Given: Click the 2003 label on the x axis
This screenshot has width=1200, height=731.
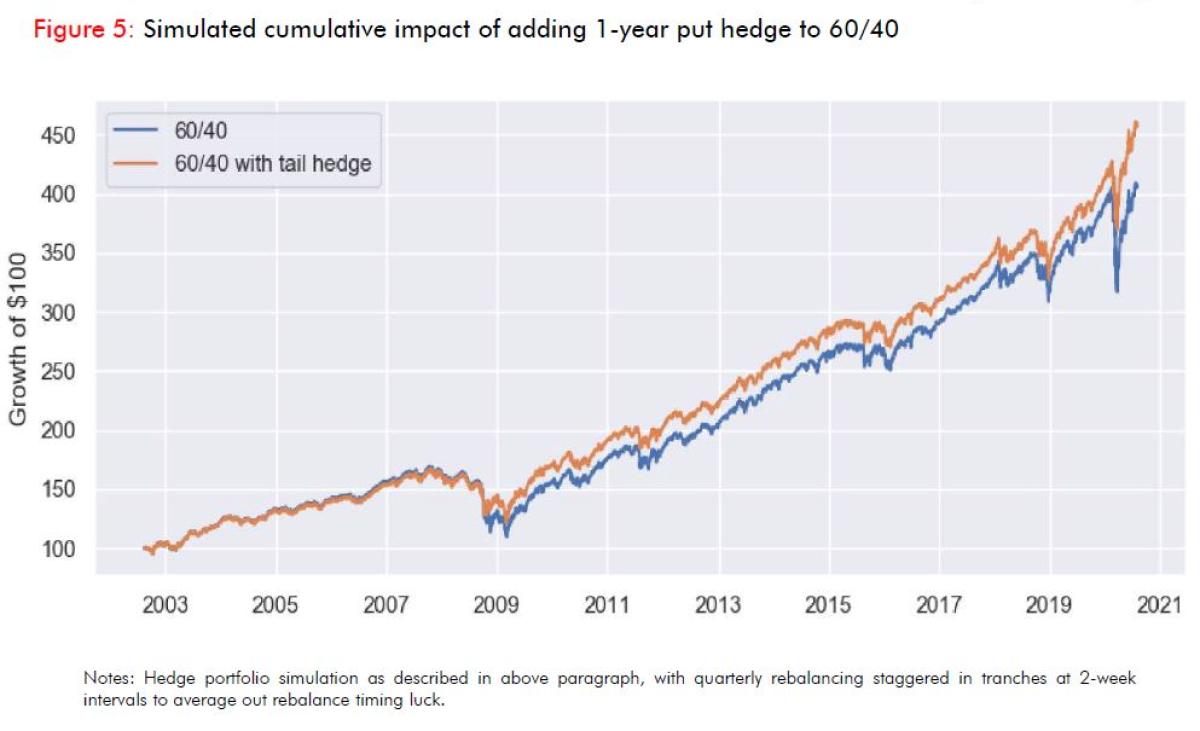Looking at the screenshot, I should click(164, 605).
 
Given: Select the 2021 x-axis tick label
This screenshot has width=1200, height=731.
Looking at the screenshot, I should click(1160, 605).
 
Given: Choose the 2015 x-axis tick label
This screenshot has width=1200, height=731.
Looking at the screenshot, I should click(828, 605).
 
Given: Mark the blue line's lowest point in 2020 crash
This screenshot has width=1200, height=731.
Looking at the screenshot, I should click(1116, 291).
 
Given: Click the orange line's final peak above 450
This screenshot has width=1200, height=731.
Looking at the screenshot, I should click(1137, 123).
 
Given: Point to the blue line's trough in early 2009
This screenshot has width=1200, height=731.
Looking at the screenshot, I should click(506, 536).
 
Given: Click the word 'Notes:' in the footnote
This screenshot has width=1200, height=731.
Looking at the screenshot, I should click(107, 678).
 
